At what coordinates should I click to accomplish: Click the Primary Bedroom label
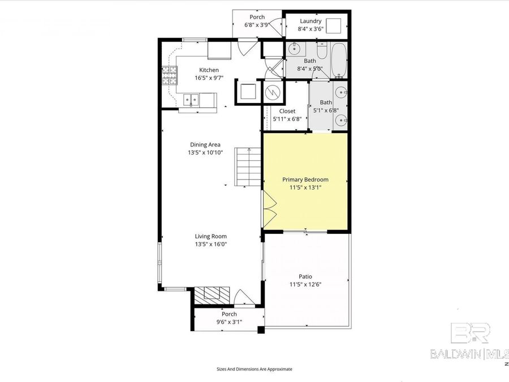(305, 179)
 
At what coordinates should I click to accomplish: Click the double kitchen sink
(192, 101)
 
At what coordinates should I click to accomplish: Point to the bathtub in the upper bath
(339, 60)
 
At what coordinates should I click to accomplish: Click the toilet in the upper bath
(321, 53)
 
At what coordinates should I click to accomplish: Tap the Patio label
(305, 276)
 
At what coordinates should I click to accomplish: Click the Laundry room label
(310, 22)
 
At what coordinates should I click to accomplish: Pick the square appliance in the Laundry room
(336, 25)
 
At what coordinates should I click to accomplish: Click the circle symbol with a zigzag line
(273, 91)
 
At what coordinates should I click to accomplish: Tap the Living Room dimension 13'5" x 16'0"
(210, 244)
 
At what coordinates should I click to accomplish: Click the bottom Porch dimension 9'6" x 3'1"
(229, 322)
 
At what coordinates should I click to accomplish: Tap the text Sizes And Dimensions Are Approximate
(255, 368)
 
